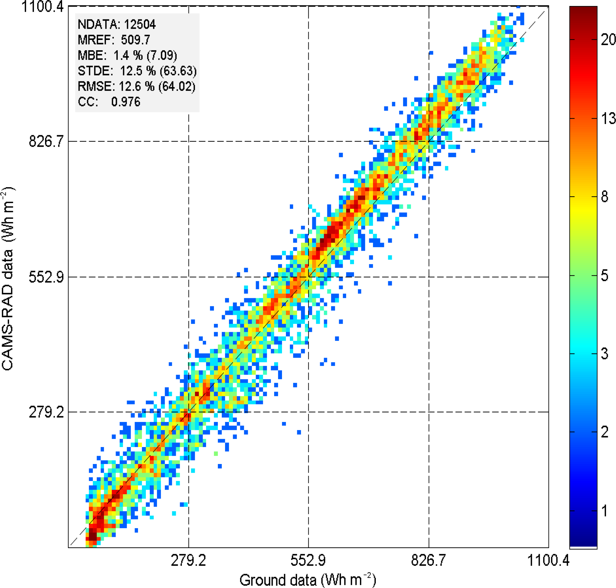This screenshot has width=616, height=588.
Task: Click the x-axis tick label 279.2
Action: tap(188, 560)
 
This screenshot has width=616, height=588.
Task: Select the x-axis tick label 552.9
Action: tap(308, 560)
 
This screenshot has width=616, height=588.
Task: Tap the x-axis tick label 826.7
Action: tap(428, 560)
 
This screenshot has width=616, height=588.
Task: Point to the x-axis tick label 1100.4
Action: tap(548, 560)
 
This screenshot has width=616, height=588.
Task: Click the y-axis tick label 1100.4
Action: tap(42, 7)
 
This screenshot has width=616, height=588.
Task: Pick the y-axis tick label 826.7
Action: tap(46, 141)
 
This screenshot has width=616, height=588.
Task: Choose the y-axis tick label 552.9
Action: tap(46, 277)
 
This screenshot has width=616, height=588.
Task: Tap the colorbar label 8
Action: tap(605, 197)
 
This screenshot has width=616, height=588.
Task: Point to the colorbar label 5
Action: tap(605, 276)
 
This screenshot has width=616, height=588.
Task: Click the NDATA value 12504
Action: tap(140, 24)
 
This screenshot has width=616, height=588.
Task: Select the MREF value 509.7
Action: tap(136, 40)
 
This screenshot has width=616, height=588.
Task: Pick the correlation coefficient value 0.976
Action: tap(126, 102)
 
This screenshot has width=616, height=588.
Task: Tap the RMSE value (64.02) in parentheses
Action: tap(177, 87)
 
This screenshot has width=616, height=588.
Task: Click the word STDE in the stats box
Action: tap(95, 71)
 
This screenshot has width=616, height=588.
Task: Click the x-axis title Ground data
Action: tap(278, 580)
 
